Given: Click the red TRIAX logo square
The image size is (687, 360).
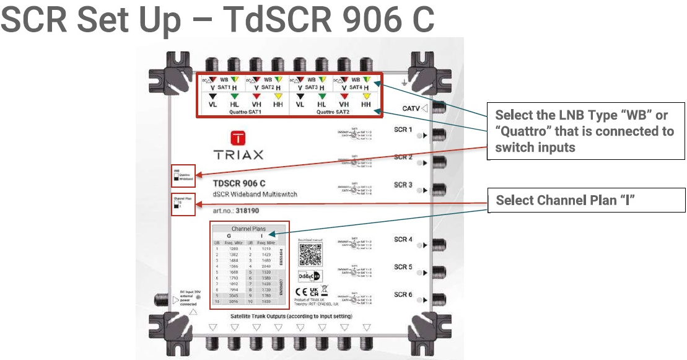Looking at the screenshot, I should coord(239,138).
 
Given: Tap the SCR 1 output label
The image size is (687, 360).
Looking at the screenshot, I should coord(403,130).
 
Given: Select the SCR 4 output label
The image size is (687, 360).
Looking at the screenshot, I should coord(403,239).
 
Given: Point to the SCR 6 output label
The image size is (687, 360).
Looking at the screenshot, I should coord(403,294).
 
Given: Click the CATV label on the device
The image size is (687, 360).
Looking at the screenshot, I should coord(411,108).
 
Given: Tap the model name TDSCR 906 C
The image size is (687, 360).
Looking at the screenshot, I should coord(239,183).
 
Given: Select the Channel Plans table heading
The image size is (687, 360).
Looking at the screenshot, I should coord(248,229).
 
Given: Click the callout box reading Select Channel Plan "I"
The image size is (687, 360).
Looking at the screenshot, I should coord(587,201).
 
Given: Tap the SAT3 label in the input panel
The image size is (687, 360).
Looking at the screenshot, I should coord(311,87).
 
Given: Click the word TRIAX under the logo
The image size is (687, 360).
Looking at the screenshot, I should coord(239,155).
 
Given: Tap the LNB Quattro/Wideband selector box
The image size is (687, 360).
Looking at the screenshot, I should coord(185,175).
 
